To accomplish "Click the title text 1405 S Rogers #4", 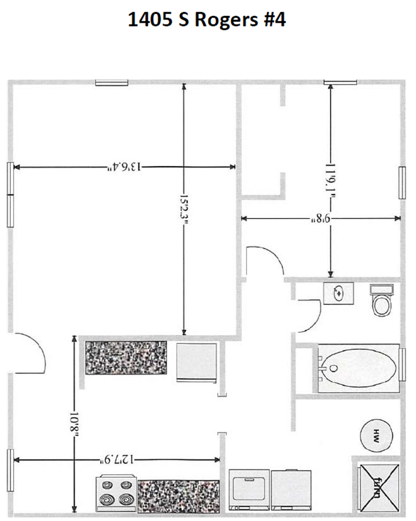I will (x=207, y=20).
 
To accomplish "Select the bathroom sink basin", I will (x=339, y=293).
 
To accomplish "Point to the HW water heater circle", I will (x=375, y=434).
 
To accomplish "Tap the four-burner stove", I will (x=116, y=493).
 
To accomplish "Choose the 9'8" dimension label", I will (x=320, y=219).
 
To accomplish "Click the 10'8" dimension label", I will (x=74, y=423).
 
